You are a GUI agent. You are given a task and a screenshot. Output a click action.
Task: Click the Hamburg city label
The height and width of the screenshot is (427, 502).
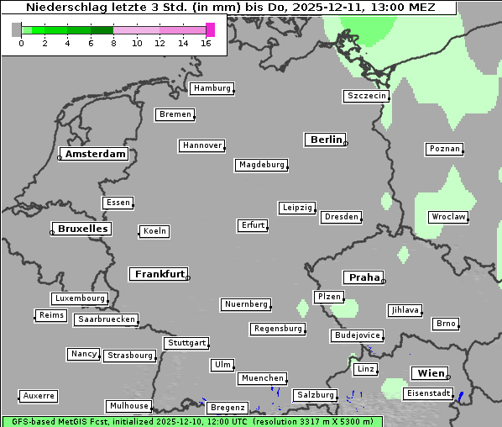[x=211, y=88]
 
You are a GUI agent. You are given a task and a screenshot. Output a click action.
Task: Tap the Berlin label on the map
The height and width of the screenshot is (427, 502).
[x=326, y=140]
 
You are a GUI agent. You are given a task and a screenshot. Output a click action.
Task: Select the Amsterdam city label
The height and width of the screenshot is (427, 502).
[x=95, y=154]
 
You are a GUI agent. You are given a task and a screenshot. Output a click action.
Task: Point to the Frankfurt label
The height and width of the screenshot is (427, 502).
[x=159, y=274]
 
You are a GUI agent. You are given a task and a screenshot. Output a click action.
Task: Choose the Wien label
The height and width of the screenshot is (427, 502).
[x=430, y=373]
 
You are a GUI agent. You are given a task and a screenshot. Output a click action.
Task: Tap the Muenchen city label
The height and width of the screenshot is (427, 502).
[x=262, y=379]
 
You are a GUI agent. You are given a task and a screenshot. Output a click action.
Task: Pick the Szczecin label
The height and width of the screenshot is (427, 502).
[x=366, y=96]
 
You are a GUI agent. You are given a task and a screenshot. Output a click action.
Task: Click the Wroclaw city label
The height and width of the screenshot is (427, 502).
[x=447, y=217]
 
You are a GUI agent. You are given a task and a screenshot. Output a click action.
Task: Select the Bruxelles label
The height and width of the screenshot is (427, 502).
[x=81, y=229]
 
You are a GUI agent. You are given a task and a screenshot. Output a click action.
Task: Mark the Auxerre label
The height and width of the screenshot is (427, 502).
[x=39, y=395]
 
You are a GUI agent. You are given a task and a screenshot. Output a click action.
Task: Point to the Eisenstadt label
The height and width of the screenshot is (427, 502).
[x=427, y=393]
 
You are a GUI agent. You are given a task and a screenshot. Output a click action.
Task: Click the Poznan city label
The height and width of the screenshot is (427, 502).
[x=443, y=149]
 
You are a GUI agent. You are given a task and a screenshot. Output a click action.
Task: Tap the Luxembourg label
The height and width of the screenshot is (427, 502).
[x=80, y=298]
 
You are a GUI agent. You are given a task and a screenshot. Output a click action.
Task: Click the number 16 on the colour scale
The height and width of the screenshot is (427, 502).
[x=205, y=43]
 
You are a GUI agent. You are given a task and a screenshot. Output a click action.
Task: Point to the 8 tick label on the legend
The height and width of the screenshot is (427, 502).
[x=113, y=43]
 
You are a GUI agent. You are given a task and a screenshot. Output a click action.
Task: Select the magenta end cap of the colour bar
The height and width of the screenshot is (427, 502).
[x=210, y=29]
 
